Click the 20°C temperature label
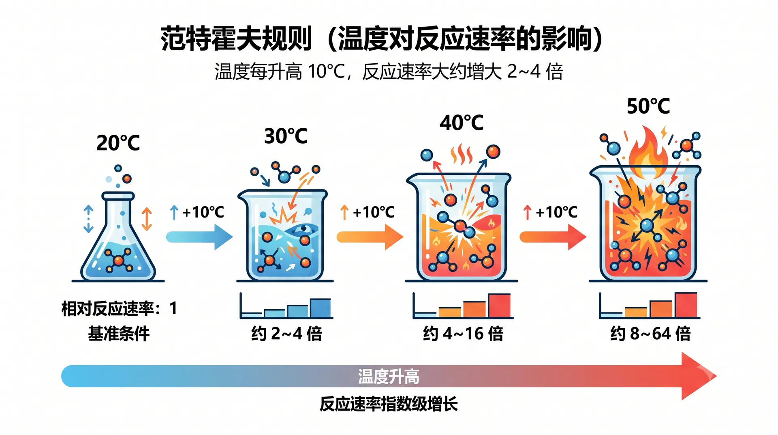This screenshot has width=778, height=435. point(118,143)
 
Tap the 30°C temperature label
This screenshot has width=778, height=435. point(286,136)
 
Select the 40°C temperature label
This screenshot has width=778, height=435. point(462,123)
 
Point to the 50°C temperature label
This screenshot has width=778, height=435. point(648,106)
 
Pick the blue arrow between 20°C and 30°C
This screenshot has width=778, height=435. point(199,237)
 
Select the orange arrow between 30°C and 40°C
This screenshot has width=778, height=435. point(370,237)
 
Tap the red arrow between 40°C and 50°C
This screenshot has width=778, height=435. point(553,237)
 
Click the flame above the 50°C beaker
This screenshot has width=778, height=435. point(648,152)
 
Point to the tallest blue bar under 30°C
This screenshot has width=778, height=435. point(320,308)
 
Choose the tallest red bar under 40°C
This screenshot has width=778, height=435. point(499,305)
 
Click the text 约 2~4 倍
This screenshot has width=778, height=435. point(286,334)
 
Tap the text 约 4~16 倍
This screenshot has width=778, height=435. point(463,334)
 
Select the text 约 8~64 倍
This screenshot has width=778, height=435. point(650,334)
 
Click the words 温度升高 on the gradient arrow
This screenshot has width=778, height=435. point(389,376)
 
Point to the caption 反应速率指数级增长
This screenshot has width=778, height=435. point(389,404)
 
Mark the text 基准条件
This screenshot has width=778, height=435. point(119,334)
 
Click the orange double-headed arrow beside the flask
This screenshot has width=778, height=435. point(147,219)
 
